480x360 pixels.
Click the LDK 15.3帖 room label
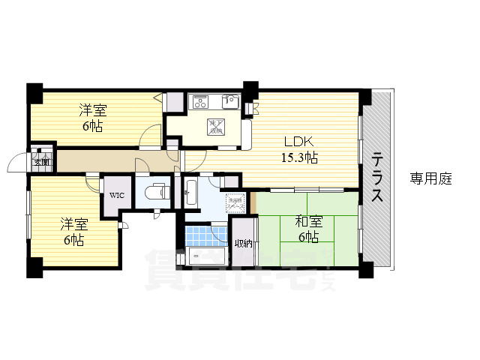[299, 149]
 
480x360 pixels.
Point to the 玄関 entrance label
[40, 161]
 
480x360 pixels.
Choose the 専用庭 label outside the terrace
[430, 178]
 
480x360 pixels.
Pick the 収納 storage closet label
[243, 243]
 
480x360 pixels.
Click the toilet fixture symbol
[157, 192]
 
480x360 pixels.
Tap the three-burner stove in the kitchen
[203, 101]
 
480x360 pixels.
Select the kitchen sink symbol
[230, 101]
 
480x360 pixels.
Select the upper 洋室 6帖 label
[93, 118]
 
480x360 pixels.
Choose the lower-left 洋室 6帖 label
[73, 232]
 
